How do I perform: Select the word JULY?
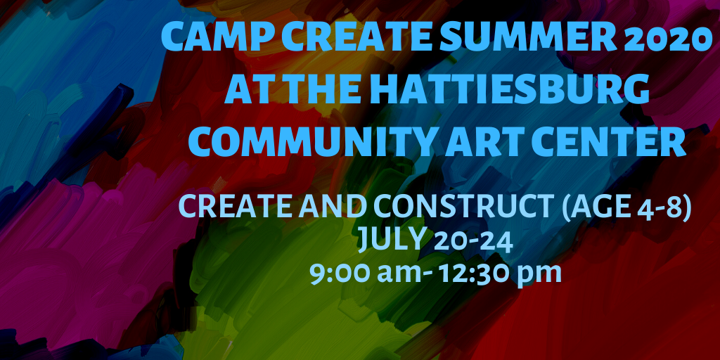coord(390,240)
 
